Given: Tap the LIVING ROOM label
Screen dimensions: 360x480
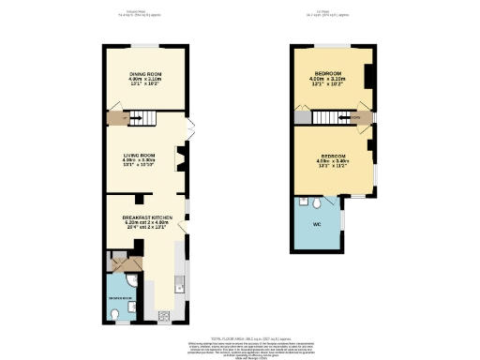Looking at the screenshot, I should (x=138, y=155).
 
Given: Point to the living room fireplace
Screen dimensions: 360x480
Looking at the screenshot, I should (x=183, y=161).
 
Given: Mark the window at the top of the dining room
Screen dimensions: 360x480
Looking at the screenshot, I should (x=145, y=45).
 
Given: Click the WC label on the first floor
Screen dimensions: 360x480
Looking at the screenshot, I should (x=317, y=224).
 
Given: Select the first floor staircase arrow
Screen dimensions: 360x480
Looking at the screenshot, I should (x=330, y=117).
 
